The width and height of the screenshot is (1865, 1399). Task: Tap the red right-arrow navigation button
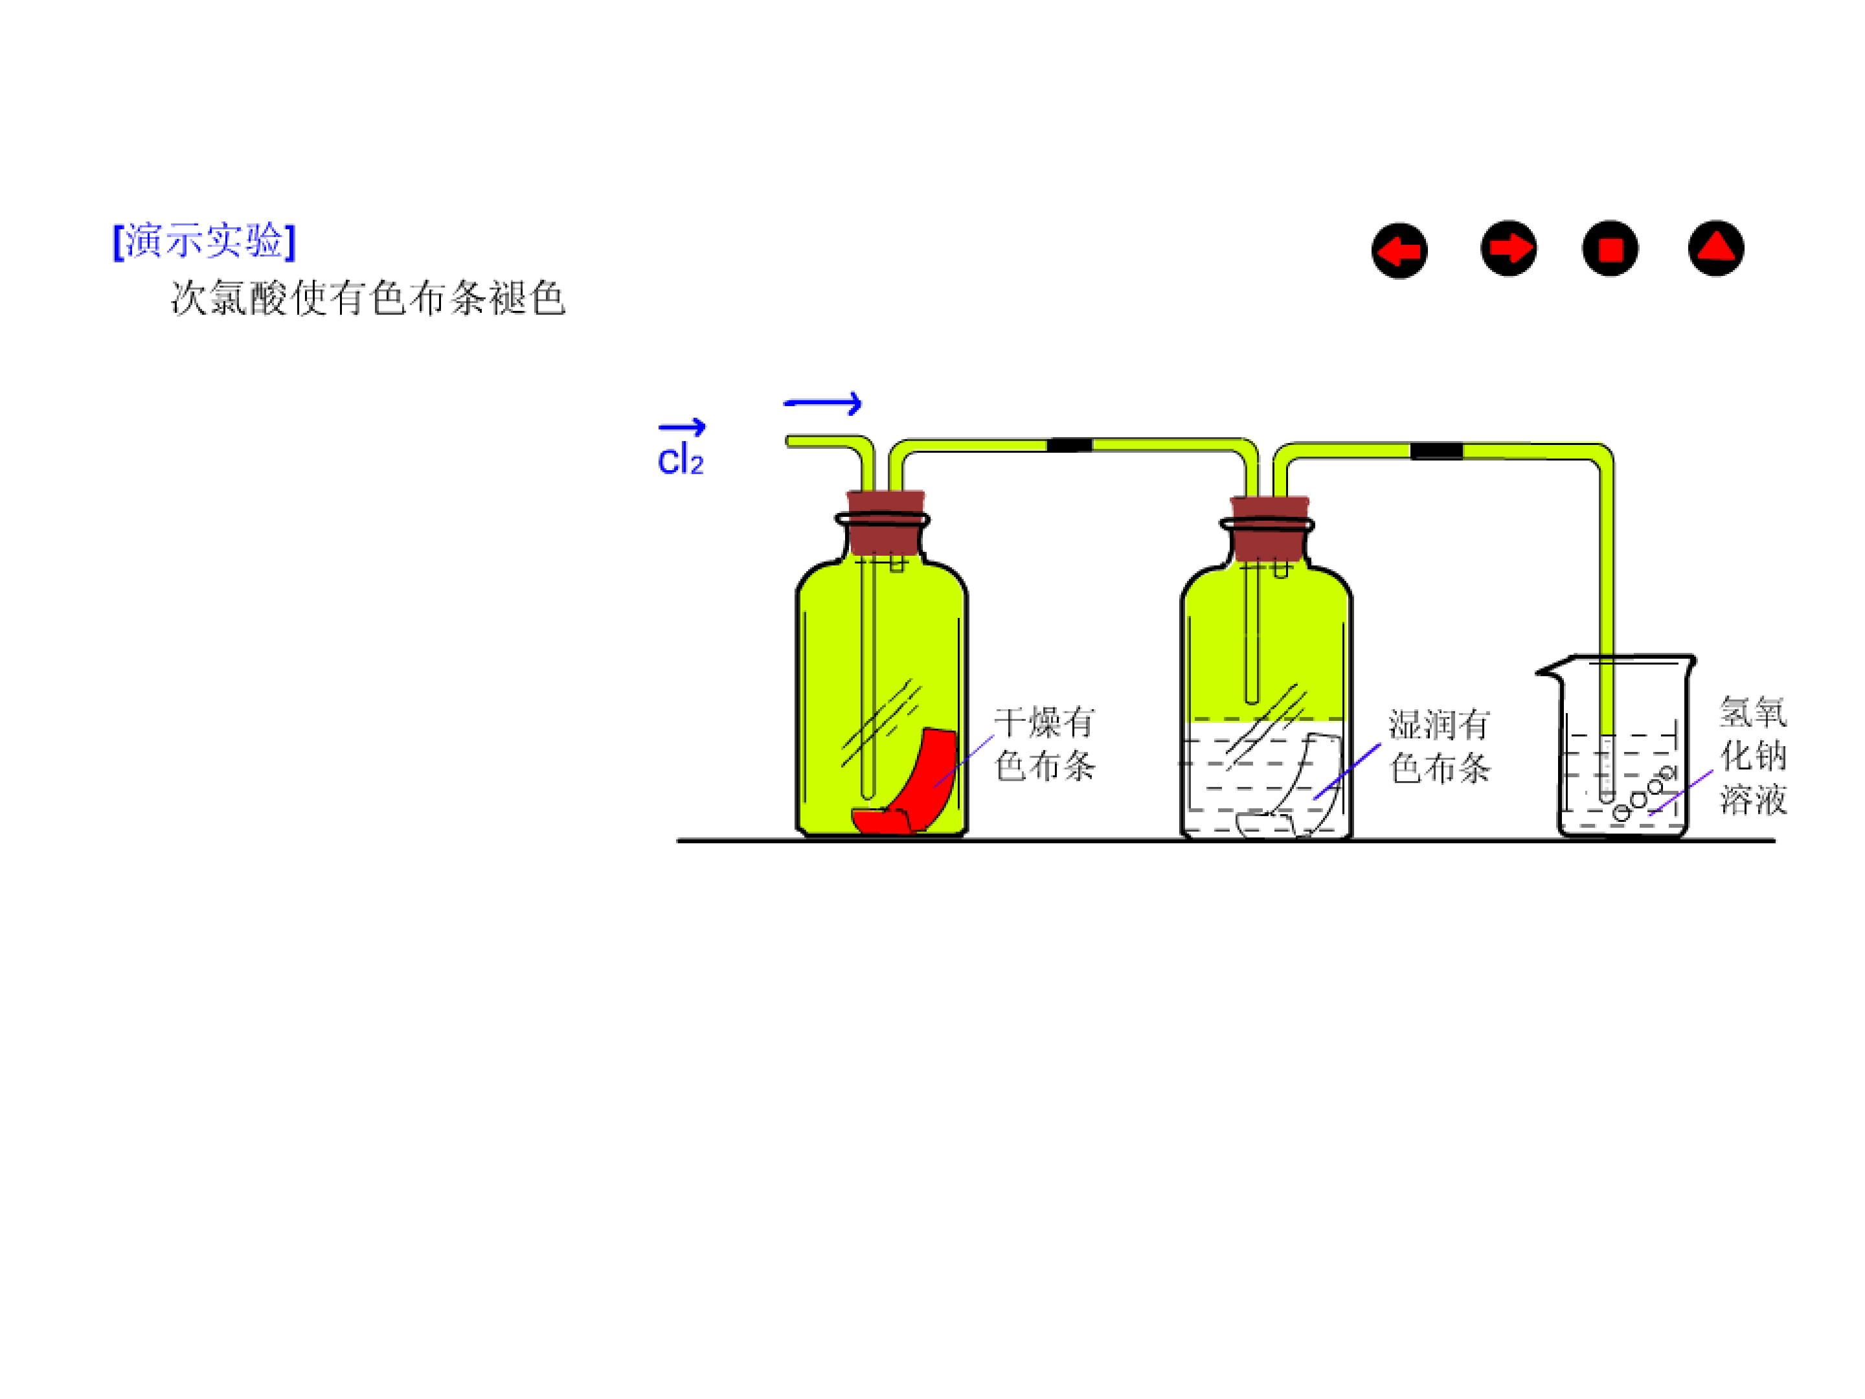(1508, 248)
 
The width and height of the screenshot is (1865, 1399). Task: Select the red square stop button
(1611, 249)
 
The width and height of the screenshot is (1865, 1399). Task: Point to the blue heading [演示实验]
(205, 241)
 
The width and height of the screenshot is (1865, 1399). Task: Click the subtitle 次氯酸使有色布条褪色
(368, 298)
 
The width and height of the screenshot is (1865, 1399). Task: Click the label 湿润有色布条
(1439, 746)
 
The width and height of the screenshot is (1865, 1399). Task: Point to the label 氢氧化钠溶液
(1753, 756)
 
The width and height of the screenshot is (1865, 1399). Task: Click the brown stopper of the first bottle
(885, 522)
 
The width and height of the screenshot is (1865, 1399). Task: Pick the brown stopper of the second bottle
(1270, 528)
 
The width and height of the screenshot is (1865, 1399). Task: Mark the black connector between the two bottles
(1070, 444)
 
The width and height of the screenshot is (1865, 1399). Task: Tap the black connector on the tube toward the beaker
(1437, 451)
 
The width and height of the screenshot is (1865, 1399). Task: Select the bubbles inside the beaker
(1644, 793)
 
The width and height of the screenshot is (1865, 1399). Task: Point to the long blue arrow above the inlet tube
(823, 404)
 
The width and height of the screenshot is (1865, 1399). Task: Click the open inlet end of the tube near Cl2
(788, 441)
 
